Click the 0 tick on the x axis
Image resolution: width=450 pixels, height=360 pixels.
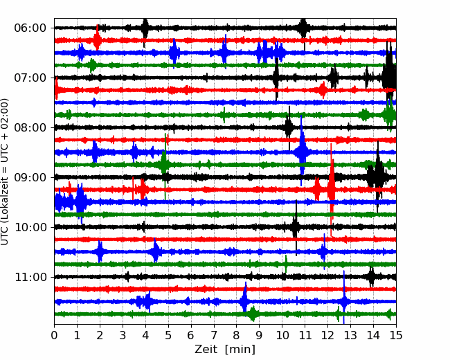point(54,335)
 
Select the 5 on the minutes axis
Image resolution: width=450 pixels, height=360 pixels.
point(168,335)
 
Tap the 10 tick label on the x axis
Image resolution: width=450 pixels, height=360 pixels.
point(282,335)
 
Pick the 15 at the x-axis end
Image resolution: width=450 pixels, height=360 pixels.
point(396,335)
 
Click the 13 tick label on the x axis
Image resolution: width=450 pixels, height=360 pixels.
point(350,335)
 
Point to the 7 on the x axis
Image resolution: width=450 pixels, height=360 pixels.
point(214,335)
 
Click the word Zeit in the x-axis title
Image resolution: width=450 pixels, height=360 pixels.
point(205,350)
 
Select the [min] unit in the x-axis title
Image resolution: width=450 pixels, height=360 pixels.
point(240,350)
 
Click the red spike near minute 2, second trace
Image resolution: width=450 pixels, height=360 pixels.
point(98,38)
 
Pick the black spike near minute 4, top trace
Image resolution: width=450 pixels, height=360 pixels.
point(145,28)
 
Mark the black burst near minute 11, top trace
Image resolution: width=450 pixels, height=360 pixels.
point(303,28)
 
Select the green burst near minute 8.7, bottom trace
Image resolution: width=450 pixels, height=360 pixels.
point(253,314)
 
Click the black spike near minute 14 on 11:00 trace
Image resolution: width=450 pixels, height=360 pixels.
point(371,277)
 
